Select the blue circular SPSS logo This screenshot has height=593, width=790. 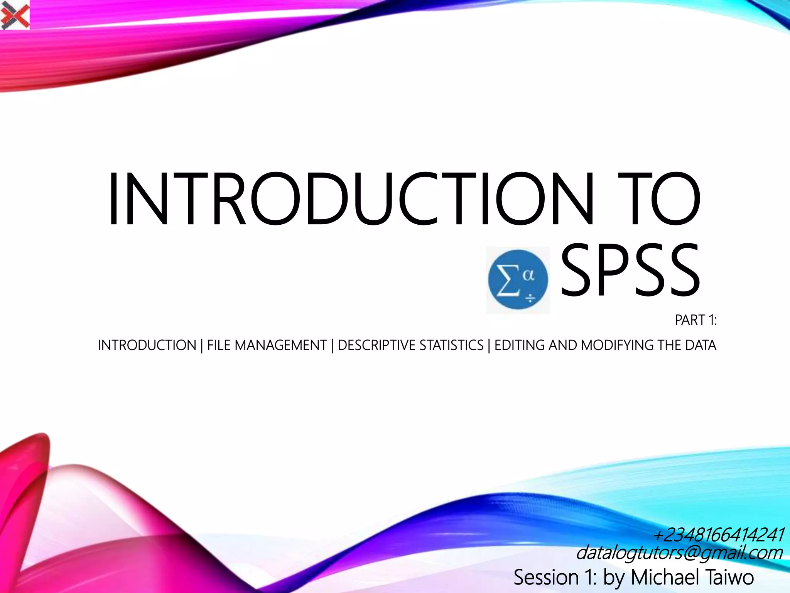(x=518, y=280)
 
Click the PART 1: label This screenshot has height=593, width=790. (x=695, y=320)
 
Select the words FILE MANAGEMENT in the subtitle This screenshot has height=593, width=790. (x=267, y=345)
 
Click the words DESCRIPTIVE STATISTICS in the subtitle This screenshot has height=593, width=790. (x=410, y=345)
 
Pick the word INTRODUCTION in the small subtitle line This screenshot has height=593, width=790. (x=147, y=345)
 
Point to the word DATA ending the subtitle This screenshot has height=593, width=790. (x=701, y=345)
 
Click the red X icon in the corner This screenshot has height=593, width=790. (x=15, y=15)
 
